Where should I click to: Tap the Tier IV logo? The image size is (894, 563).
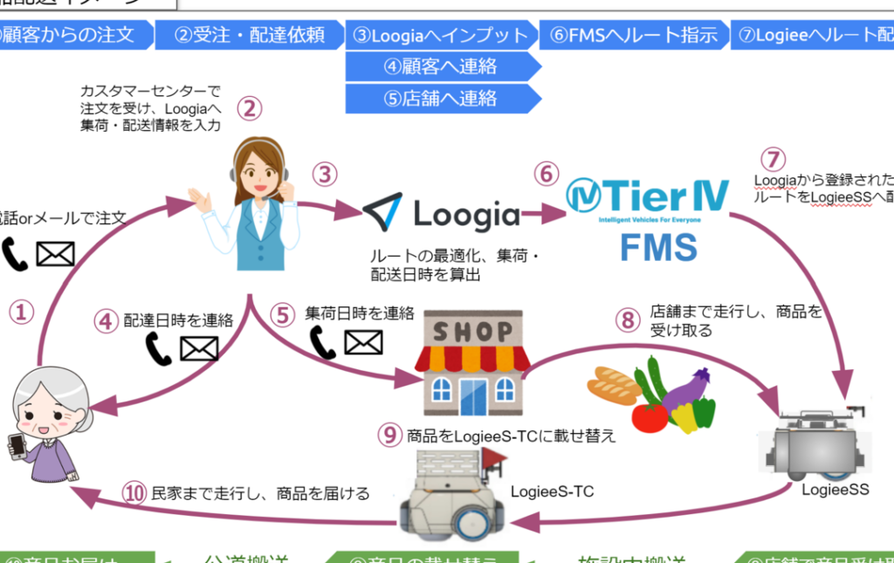coord(647,199)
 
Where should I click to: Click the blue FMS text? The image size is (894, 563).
coord(658,247)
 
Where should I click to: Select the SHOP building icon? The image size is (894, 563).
coord(471,364)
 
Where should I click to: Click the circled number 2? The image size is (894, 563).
coord(250,108)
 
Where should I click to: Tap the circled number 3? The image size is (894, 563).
coord(325,174)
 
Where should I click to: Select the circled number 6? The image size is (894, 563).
coord(547,174)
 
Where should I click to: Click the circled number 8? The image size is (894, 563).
coord(627,319)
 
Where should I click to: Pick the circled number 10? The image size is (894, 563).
coord(134,493)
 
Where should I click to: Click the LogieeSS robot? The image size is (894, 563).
coord(814,441)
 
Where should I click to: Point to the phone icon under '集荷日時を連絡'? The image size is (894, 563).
coord(322,343)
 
